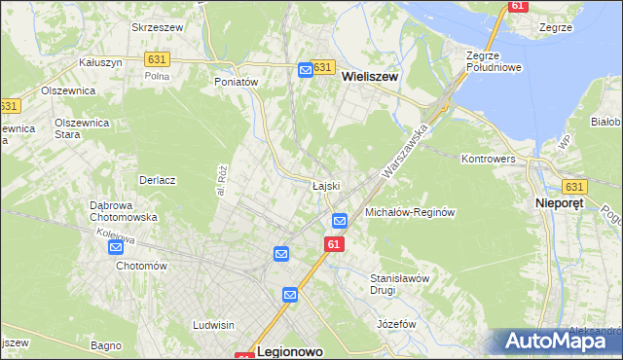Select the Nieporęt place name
pos(566,202)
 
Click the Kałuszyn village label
pos(99,61)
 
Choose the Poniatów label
pos(236,83)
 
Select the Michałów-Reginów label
pos(410,211)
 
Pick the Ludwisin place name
pos(215,324)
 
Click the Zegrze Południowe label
pos(495,61)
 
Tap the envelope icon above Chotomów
pos(116,247)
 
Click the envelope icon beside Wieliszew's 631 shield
pos(305,69)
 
